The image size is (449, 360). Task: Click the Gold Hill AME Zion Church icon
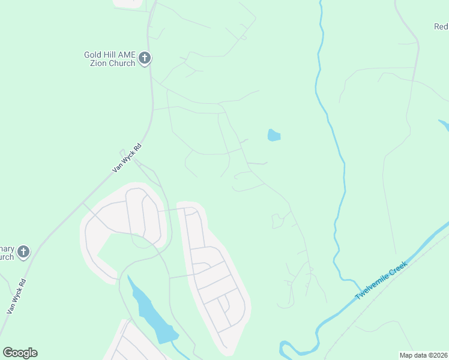tap(144, 58)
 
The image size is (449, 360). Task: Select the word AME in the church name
tap(127, 55)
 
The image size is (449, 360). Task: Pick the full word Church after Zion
tap(122, 64)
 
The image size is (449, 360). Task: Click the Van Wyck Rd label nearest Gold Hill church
tap(127, 158)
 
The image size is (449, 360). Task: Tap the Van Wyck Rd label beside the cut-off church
tap(16, 296)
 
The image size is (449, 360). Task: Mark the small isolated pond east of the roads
tap(274, 135)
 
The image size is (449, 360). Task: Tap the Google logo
tap(20, 353)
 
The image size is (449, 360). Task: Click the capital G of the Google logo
tap(7, 353)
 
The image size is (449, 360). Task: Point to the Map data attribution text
tap(424, 355)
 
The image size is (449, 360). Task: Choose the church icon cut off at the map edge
tap(23, 252)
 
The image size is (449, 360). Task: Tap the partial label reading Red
tap(441, 26)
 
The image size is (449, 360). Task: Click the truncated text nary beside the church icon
tap(7, 248)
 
